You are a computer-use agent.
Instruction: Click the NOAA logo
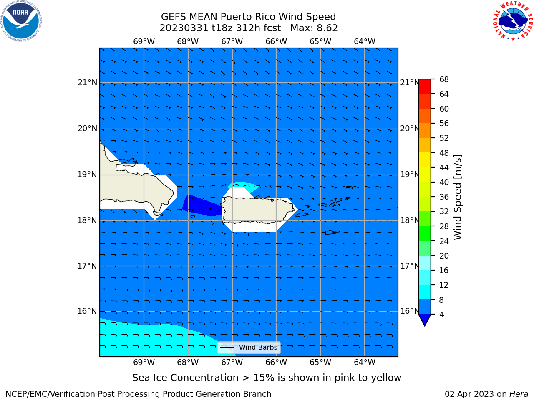tap(21, 21)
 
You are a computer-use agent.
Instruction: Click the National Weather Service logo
tap(513, 21)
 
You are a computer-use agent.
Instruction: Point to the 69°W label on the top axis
tap(144, 42)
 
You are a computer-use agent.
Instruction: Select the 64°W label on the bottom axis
tap(365, 363)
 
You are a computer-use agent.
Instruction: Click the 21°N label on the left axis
tap(87, 83)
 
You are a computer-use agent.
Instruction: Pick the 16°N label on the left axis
tap(87, 311)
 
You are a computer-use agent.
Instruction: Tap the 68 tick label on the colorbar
tap(444, 80)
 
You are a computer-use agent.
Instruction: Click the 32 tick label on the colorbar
tap(444, 212)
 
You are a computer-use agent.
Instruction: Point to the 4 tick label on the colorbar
tap(441, 315)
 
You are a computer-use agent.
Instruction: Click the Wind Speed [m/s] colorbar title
tap(458, 197)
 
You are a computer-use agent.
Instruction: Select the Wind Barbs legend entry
tap(249, 348)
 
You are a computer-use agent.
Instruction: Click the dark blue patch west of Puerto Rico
tap(202, 206)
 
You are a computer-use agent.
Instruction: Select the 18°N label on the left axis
tap(87, 221)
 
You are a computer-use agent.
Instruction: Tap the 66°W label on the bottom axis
tap(276, 363)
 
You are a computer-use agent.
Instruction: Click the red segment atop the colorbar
tap(425, 86)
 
